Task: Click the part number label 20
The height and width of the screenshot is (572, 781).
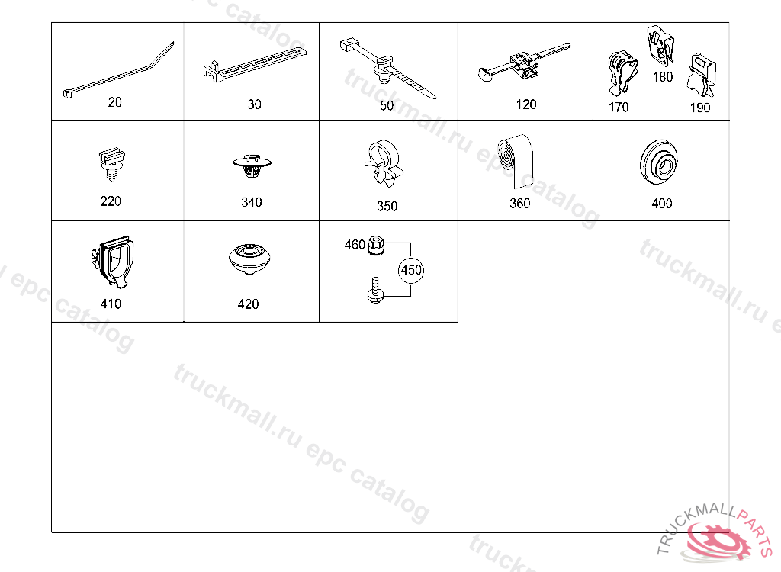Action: [115, 102]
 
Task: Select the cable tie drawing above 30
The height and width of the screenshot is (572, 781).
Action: [255, 64]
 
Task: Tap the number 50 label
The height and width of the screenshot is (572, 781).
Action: [387, 106]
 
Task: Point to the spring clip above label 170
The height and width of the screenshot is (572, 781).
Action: [622, 72]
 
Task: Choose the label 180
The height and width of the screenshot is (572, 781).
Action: [663, 77]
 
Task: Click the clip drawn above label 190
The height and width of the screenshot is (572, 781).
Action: [702, 76]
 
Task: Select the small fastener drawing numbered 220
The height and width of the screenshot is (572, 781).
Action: [111, 164]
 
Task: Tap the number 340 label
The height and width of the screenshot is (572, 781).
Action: [252, 202]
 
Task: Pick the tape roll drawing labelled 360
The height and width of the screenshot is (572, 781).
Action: [516, 161]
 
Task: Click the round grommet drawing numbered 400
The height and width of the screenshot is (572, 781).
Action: [658, 162]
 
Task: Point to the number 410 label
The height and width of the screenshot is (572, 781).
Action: [111, 304]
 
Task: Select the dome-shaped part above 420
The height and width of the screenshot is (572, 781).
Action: [249, 259]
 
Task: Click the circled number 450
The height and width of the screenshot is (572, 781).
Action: [411, 270]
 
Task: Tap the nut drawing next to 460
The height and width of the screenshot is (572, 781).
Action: [375, 245]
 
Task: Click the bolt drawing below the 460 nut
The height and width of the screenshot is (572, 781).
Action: [374, 290]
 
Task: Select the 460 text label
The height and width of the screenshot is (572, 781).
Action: [355, 245]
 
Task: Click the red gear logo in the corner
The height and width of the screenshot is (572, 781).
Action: [718, 539]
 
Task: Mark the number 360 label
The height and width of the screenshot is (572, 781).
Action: [520, 204]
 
